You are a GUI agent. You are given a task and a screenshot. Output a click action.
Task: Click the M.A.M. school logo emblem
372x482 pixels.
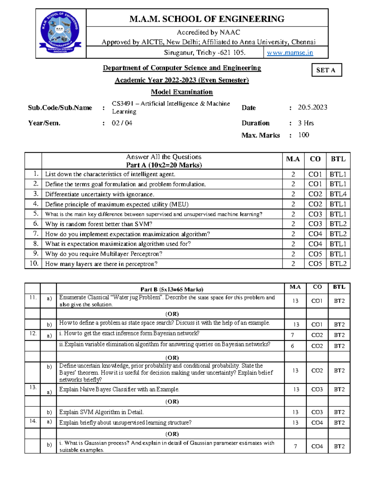[x=61, y=33]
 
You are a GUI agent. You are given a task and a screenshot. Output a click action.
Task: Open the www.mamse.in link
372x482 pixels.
[x=290, y=53]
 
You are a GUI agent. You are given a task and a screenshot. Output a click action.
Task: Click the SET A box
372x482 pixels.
[x=326, y=70]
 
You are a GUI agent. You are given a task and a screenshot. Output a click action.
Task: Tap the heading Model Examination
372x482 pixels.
[x=182, y=92]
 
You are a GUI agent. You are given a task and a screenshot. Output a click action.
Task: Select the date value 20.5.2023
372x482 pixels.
[x=312, y=107]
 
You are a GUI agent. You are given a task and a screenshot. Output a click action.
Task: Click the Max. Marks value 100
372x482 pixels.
[x=303, y=135]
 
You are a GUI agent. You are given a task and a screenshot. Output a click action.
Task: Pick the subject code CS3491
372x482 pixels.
[x=122, y=104]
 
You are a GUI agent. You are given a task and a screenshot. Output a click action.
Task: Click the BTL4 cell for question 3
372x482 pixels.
[x=338, y=194]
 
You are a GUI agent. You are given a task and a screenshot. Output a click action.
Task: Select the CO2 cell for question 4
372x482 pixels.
[x=315, y=204]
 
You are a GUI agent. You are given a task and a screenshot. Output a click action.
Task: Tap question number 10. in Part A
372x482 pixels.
[x=34, y=264]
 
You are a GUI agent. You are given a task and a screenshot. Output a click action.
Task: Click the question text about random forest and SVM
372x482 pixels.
[x=99, y=224]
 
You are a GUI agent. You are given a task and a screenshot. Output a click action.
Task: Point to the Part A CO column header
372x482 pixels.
[x=315, y=159]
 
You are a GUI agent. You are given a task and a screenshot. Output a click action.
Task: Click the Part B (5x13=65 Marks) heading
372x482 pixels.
[x=172, y=290]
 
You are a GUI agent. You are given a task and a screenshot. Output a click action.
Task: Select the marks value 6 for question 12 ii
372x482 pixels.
[x=292, y=346]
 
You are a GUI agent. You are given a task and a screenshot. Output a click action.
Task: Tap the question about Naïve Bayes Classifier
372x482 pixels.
[x=119, y=389]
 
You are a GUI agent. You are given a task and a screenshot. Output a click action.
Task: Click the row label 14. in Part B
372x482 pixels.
[x=33, y=421]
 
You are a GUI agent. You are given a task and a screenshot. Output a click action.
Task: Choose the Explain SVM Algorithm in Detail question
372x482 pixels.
[x=101, y=412]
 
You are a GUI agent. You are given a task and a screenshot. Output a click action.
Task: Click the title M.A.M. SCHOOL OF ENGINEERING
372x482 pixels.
[x=207, y=19]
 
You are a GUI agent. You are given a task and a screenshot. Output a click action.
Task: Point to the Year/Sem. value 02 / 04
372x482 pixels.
[x=122, y=123]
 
